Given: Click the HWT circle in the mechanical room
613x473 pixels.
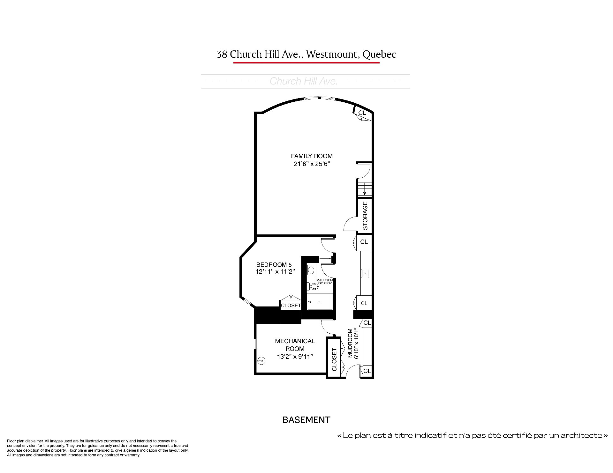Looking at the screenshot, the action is [261, 361].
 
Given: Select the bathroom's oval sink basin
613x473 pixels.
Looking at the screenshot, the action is [311, 270].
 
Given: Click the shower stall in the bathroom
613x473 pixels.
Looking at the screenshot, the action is [320, 302].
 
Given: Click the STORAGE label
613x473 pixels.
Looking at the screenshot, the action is [365, 216].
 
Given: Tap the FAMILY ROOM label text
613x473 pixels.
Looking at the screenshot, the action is [312, 156].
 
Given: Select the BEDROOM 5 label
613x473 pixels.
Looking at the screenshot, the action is [274, 265].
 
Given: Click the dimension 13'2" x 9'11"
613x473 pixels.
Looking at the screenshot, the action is [295, 357].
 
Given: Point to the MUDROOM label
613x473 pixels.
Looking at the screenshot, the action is [350, 343].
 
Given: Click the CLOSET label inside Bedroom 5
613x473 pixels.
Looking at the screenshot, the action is [291, 306].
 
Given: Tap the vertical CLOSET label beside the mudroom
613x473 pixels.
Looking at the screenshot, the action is [334, 359].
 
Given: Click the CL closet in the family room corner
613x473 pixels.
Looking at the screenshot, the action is [362, 113].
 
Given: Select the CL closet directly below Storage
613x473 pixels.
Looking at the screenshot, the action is [364, 242].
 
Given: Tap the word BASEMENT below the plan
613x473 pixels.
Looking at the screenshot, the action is [306, 420].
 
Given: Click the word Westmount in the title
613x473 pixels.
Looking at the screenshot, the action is [331, 54].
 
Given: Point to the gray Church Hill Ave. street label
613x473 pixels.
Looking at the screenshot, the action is [304, 81].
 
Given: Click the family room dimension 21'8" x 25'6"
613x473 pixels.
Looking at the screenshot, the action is [312, 164].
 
